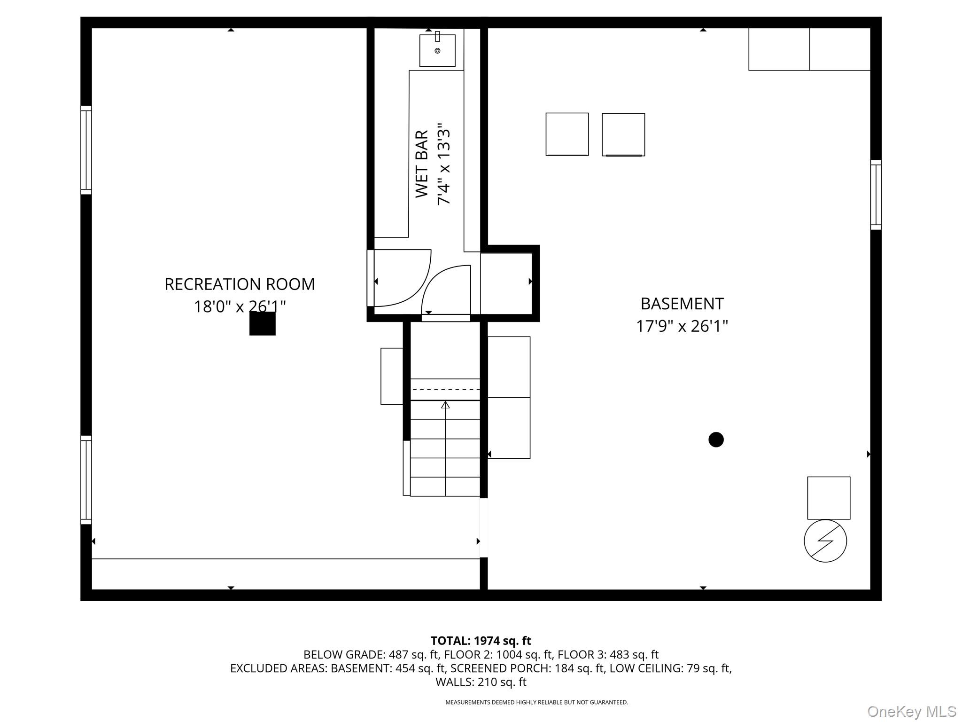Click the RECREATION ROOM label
[240, 284]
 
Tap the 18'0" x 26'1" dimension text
[240, 307]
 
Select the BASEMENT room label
[682, 304]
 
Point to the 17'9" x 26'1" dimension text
[682, 326]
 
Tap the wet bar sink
[437, 50]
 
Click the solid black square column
[262, 323]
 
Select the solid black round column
[716, 439]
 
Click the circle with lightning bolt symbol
[825, 541]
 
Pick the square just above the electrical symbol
[829, 498]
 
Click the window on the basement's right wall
[876, 195]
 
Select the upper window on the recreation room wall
[86, 150]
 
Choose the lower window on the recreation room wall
[86, 480]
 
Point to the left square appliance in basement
[567, 134]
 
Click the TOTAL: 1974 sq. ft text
[481, 641]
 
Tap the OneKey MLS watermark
[911, 711]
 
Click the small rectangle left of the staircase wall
[392, 376]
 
